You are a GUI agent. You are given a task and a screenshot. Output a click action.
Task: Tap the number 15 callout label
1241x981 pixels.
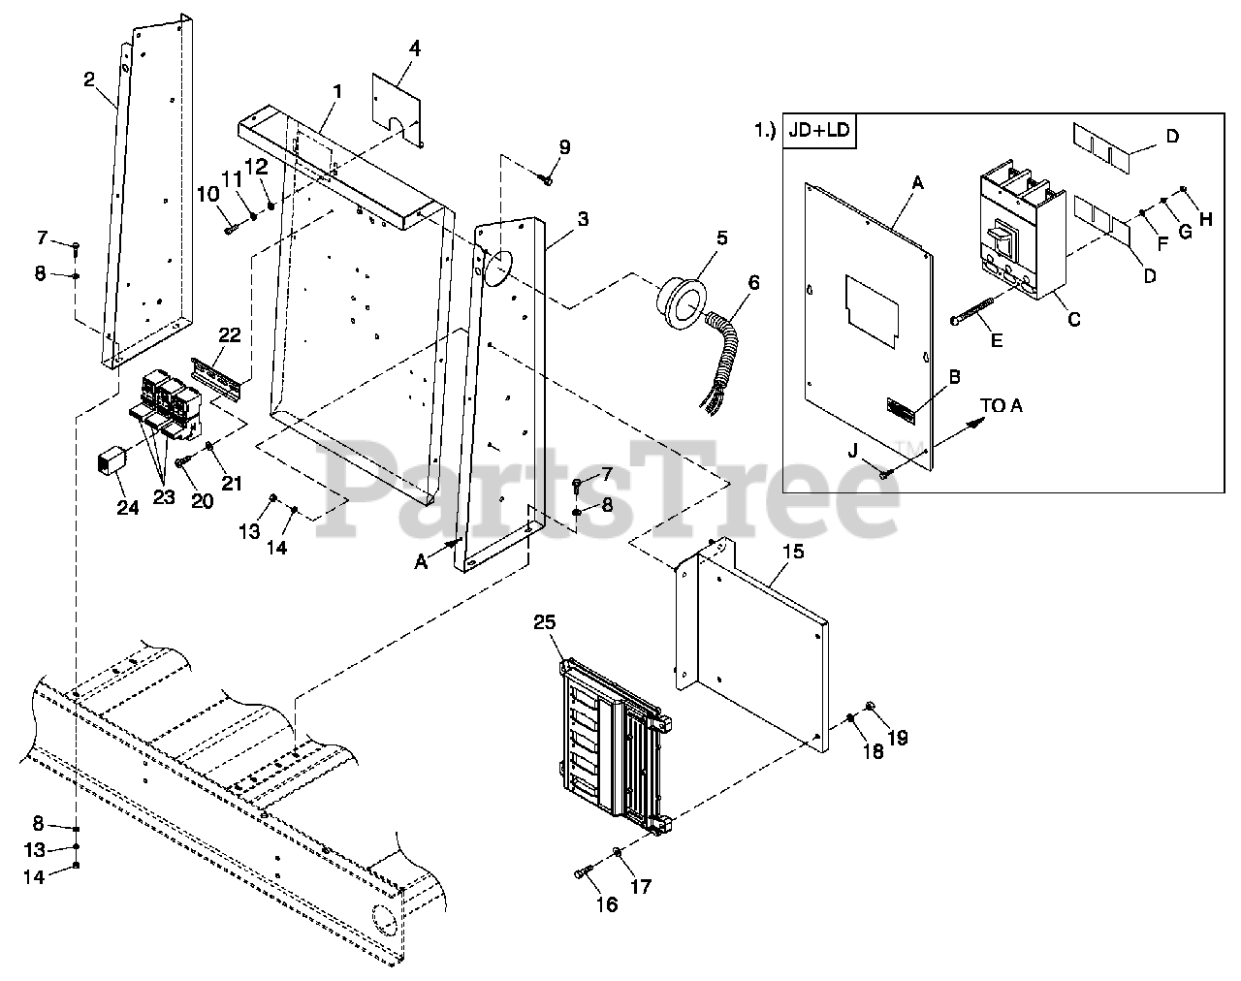click(793, 552)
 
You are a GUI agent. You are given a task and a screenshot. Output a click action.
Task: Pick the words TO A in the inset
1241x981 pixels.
click(1002, 405)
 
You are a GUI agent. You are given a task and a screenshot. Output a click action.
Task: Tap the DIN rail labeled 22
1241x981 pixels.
click(216, 377)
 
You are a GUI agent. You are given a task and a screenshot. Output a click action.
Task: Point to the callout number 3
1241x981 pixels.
click(582, 220)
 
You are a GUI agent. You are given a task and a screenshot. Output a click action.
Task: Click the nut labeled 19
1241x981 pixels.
click(869, 706)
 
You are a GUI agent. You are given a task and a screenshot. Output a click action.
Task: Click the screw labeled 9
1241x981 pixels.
click(548, 178)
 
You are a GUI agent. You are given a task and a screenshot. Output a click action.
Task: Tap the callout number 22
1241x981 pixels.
click(229, 334)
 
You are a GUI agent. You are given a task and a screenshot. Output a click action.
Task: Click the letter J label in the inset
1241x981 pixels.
click(852, 450)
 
